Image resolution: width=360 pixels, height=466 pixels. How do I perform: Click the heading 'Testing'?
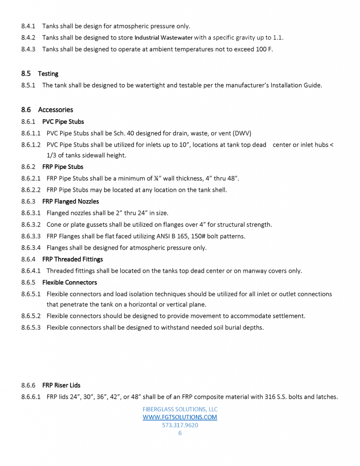pos(48,74)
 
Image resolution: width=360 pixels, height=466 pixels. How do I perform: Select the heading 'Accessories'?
pos(55,110)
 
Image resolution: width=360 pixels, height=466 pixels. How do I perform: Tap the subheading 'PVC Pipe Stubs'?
pos(63,122)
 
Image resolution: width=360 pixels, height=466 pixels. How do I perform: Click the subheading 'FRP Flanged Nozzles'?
pos(70,202)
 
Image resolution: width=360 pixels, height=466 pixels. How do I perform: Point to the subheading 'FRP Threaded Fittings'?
pos(72,259)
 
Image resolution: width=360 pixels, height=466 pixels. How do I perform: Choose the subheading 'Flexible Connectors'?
pos(69,283)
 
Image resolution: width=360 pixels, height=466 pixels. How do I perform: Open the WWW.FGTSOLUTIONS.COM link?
pos(180,417)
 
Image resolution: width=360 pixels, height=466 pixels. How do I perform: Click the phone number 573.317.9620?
pos(180,425)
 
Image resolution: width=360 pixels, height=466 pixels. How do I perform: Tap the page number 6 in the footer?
pos(180,433)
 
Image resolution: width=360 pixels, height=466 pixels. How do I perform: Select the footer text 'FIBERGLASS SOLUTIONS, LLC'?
pos(180,409)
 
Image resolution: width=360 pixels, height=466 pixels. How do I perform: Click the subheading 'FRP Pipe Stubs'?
pos(63,167)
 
